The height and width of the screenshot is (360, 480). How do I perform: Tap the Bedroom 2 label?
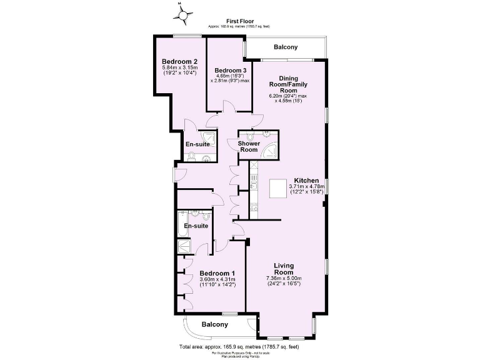[x=179, y=61]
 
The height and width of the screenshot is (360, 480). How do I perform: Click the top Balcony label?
[x=284, y=47]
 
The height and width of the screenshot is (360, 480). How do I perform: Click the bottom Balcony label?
[x=214, y=324]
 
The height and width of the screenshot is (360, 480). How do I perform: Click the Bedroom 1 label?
[x=217, y=273]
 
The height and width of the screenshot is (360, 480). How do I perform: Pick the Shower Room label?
[x=249, y=146]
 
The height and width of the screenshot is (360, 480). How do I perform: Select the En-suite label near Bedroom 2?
[x=198, y=144]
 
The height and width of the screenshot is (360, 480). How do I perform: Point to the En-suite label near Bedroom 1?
[x=195, y=226]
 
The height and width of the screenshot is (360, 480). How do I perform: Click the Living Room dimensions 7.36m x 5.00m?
[x=284, y=278]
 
